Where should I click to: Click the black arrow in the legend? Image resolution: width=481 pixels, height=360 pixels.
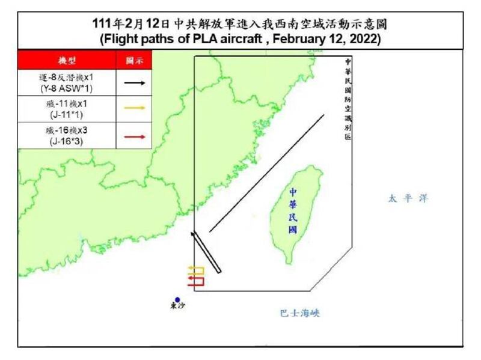coord(135,83)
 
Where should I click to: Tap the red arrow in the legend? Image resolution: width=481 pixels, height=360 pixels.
coord(135,136)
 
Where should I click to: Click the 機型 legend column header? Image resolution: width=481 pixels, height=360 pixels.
coord(67,61)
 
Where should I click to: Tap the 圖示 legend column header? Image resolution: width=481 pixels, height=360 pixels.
coord(135,61)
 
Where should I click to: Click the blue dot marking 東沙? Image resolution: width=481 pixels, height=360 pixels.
coord(177,300)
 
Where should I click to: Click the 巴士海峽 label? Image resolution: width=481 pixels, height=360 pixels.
coord(300,313)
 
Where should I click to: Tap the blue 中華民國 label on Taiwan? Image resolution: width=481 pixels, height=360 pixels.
coord(292,210)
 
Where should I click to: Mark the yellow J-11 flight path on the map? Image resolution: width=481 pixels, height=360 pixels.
coord(196,269)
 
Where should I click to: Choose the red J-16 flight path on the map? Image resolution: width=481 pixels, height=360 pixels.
coord(196,280)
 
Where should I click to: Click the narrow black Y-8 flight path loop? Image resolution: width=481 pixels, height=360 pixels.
coord(206,252)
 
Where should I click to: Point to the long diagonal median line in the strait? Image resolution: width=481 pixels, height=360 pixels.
coord(267,172)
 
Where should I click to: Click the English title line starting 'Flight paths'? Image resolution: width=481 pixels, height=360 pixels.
coord(240,39)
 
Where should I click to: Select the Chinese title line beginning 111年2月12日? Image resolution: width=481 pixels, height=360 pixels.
coord(240,24)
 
